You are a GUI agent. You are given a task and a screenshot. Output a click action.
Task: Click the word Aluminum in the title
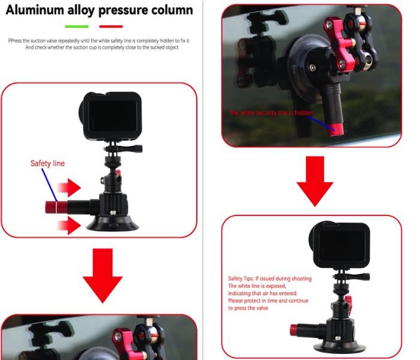pyautogui.click(x=35, y=10)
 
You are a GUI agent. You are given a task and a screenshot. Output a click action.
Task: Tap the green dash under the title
pyautogui.click(x=77, y=26)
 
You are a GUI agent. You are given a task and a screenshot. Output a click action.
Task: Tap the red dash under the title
pyautogui.click(x=111, y=26)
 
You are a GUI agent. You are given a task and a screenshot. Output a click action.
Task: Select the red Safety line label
pyautogui.click(x=47, y=163)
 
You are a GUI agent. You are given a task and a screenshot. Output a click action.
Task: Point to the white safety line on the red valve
pyautogui.click(x=57, y=208)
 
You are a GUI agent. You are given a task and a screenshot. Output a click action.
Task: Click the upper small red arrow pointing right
pyautogui.click(x=70, y=187)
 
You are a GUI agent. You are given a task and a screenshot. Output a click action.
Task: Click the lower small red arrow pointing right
pyautogui.click(x=70, y=225)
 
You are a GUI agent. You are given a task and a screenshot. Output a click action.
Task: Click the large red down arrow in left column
pyautogui.click(x=103, y=275)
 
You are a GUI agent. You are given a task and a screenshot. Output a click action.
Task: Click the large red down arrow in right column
pyautogui.click(x=315, y=181)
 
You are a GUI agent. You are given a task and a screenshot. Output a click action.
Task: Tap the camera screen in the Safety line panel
pyautogui.click(x=113, y=116)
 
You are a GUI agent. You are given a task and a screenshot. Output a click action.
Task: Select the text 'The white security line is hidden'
pyautogui.click(x=271, y=113)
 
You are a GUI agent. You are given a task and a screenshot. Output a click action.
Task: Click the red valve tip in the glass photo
pyautogui.click(x=335, y=130)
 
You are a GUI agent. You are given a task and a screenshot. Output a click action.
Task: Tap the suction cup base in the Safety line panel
pyautogui.click(x=113, y=224)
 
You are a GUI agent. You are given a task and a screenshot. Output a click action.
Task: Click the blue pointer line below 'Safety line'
pyautogui.click(x=49, y=185)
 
